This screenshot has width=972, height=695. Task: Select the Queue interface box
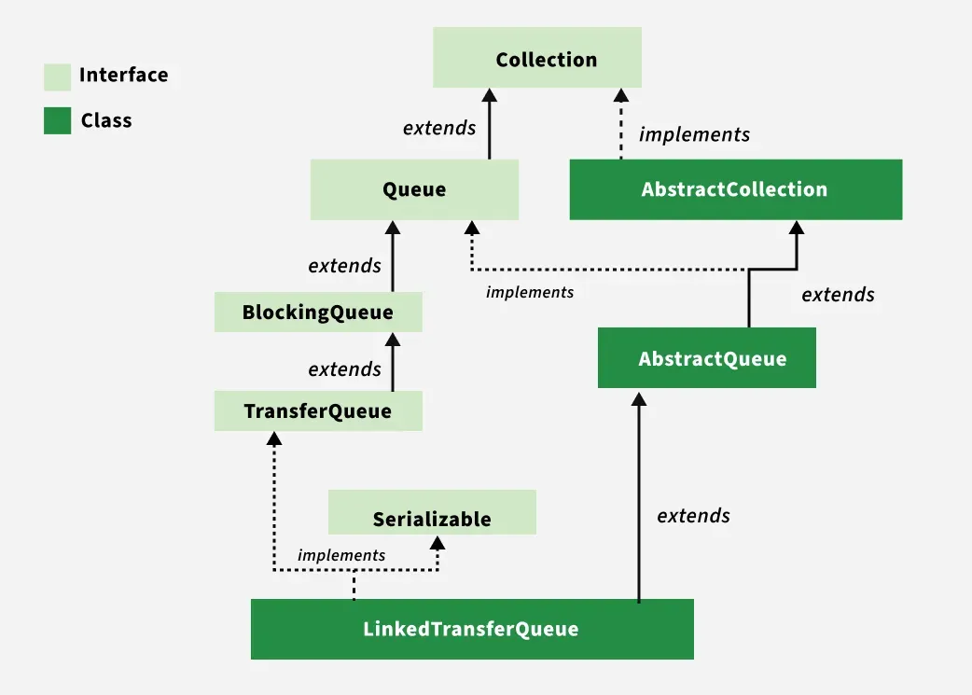pyautogui.click(x=414, y=189)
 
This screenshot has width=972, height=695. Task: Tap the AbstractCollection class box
pyautogui.click(x=735, y=189)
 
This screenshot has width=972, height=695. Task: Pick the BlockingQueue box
pyautogui.click(x=318, y=313)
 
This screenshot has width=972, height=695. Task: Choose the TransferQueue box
pyautogui.click(x=318, y=411)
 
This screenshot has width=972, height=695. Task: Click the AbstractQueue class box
pyautogui.click(x=707, y=358)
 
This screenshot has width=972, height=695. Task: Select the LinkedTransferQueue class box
pyautogui.click(x=472, y=629)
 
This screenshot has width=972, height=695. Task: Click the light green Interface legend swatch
pyautogui.click(x=58, y=76)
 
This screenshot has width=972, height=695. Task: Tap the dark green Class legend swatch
pyautogui.click(x=58, y=121)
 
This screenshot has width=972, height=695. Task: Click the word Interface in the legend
pyautogui.click(x=123, y=76)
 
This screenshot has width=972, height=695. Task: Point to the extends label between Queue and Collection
pyautogui.click(x=439, y=128)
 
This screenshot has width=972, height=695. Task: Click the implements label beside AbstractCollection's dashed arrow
pyautogui.click(x=694, y=135)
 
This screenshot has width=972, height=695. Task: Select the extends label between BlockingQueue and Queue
pyautogui.click(x=344, y=266)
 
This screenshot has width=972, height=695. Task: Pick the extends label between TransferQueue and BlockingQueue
pyautogui.click(x=344, y=369)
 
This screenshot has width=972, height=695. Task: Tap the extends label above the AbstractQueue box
pyautogui.click(x=838, y=295)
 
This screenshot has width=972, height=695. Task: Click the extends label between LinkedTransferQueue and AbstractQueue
pyautogui.click(x=693, y=516)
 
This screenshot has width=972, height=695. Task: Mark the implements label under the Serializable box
pyautogui.click(x=341, y=555)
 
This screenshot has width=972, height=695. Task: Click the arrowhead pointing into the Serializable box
pyautogui.click(x=437, y=542)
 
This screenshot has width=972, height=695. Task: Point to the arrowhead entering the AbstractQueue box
pyautogui.click(x=639, y=398)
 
